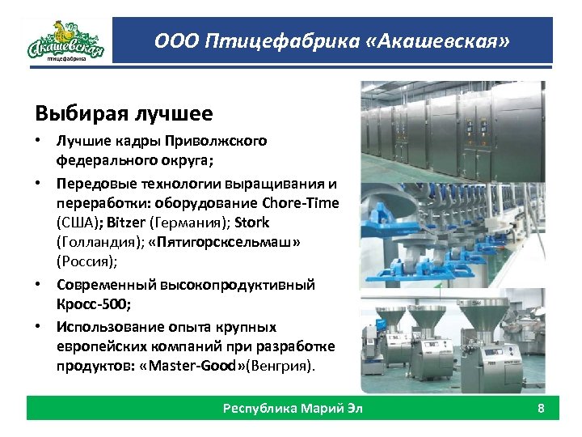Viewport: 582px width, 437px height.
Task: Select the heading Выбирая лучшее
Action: pos(124,112)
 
